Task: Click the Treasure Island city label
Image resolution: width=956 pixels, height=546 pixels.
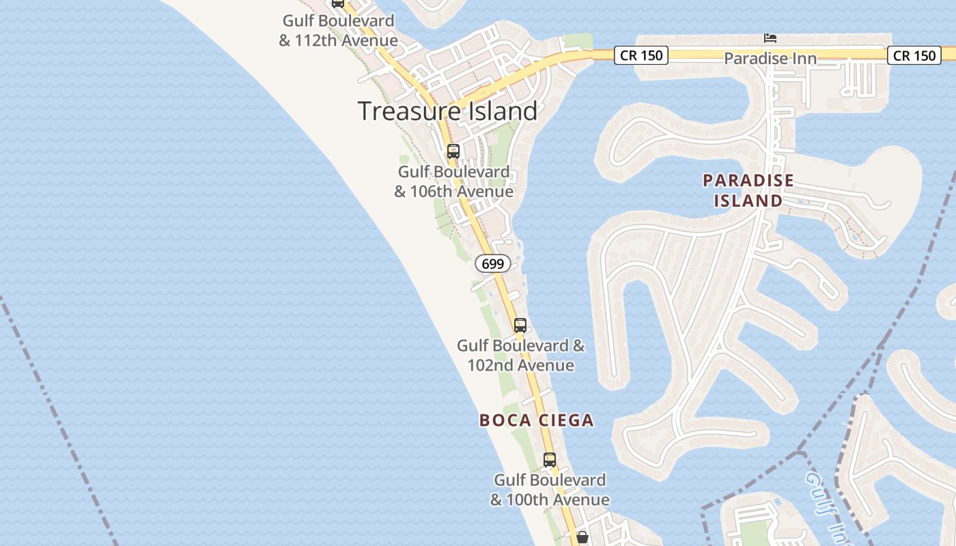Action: pyautogui.click(x=447, y=111)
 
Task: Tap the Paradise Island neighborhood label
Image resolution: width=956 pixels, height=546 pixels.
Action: pyautogui.click(x=748, y=190)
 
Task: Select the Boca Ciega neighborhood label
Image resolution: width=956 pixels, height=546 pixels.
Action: pyautogui.click(x=536, y=420)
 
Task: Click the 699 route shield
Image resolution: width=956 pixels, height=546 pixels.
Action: pyautogui.click(x=492, y=263)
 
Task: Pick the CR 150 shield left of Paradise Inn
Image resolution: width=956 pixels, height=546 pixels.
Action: pyautogui.click(x=641, y=55)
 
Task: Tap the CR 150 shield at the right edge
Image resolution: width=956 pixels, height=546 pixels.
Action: pyautogui.click(x=914, y=55)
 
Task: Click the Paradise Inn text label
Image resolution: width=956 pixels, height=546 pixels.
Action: pyautogui.click(x=770, y=59)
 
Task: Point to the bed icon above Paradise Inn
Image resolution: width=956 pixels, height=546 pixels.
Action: pyautogui.click(x=770, y=38)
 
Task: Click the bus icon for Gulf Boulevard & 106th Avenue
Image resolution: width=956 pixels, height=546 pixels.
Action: pyautogui.click(x=453, y=152)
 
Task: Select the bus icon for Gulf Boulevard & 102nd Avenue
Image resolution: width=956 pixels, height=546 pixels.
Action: pyautogui.click(x=520, y=326)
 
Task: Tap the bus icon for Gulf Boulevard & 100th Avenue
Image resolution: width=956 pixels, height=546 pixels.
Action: pyautogui.click(x=550, y=460)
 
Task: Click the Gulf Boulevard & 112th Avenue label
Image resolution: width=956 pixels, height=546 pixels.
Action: pyautogui.click(x=338, y=31)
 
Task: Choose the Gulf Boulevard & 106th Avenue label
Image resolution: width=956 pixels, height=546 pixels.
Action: pyautogui.click(x=453, y=182)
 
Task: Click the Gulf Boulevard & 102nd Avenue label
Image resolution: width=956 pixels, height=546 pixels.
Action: pyautogui.click(x=521, y=355)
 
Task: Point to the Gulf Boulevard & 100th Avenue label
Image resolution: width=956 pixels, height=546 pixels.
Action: pyautogui.click(x=550, y=489)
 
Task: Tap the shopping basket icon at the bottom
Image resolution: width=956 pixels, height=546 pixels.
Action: pyautogui.click(x=582, y=538)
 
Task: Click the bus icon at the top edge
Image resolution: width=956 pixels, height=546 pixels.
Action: pyautogui.click(x=338, y=3)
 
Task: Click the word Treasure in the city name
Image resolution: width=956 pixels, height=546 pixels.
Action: pyautogui.click(x=401, y=111)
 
